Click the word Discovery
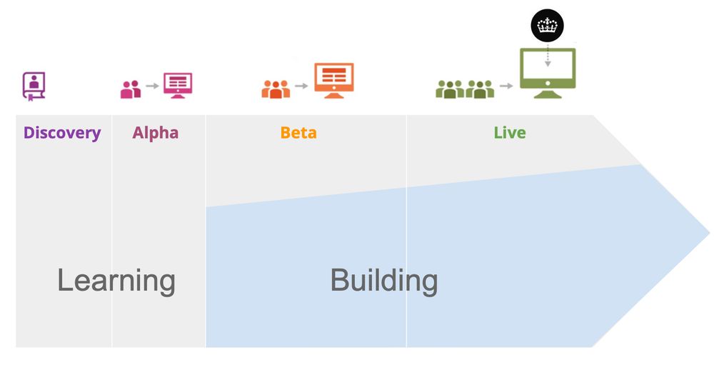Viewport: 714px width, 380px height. pos(62,133)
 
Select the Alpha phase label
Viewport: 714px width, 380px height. pos(155,133)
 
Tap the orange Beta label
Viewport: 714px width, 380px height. pos(298,133)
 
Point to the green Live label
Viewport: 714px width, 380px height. pos(510,133)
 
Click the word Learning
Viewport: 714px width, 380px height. pos(116,280)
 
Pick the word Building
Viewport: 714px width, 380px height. pos(384,280)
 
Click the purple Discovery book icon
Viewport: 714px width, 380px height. pos(33,86)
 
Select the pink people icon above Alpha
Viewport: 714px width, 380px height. pos(131,89)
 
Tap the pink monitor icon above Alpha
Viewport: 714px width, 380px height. pos(178,85)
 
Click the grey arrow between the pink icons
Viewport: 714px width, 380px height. pos(152,86)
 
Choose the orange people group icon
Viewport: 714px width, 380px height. pos(276,89)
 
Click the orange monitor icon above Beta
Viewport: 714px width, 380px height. pos(333,79)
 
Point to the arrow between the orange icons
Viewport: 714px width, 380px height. pos(301,86)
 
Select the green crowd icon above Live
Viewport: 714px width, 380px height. pos(465,89)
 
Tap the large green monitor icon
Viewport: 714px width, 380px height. pos(548,67)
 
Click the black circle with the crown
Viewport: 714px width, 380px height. pos(548,26)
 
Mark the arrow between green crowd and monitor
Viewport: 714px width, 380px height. pos(506,86)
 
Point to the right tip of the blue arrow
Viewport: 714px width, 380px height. pos(708,232)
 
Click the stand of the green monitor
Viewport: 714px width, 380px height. pos(548,92)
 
